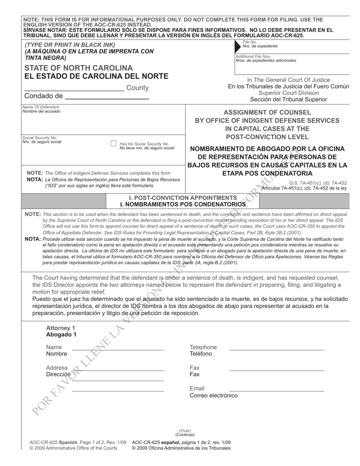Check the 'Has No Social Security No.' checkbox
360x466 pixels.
pyautogui.click(x=113, y=144)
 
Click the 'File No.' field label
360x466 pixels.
pyautogui.click(x=250, y=42)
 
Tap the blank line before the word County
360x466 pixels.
pyautogui.click(x=74, y=90)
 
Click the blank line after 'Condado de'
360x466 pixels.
pyautogui.click(x=107, y=98)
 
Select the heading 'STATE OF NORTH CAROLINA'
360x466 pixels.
pyautogui.click(x=78, y=68)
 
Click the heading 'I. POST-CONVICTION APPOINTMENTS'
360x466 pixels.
pyautogui.click(x=183, y=198)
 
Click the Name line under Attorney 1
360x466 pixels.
pyautogui.click(x=118, y=349)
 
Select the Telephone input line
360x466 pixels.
pyautogui.click(x=277, y=349)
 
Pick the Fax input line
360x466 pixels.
pyautogui.click(x=277, y=370)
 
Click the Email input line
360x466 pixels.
pyautogui.click(x=277, y=390)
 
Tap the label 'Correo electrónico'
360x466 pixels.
pyautogui.click(x=214, y=396)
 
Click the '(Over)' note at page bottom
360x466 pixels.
pyautogui.click(x=185, y=431)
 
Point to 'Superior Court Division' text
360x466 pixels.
pyautogui.click(x=288, y=93)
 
